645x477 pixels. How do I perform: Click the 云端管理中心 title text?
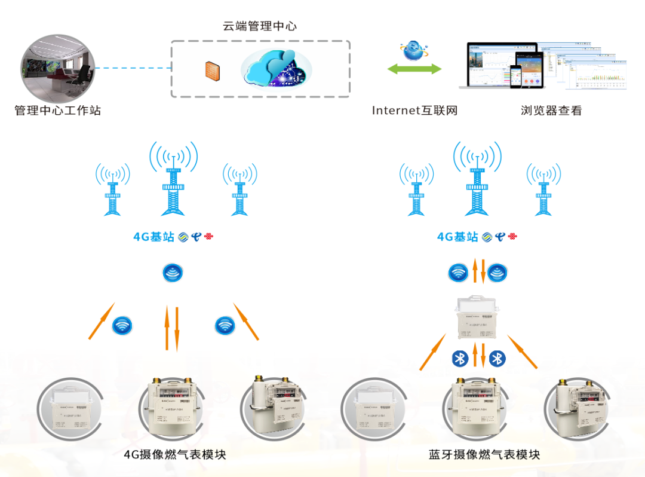point(259,26)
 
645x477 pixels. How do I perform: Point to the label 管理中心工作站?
point(57,111)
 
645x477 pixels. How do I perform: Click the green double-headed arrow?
point(414,69)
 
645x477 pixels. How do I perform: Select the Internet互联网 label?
point(414,111)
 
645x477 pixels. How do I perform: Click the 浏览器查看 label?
point(551,111)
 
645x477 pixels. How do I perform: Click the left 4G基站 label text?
point(153,237)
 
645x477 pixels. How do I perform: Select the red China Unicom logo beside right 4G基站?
point(512,237)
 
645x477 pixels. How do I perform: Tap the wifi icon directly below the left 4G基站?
point(173,273)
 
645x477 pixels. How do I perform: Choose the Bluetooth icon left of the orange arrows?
point(459,358)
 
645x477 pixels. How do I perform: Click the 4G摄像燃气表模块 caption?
point(175,454)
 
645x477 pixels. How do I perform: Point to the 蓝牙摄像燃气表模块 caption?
point(484,454)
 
